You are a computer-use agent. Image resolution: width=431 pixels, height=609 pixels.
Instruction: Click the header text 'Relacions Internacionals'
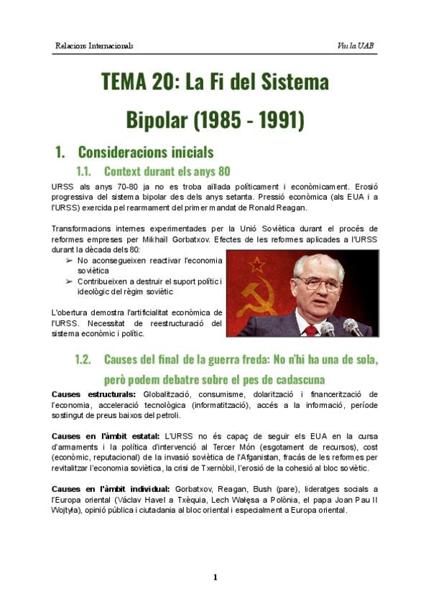pyautogui.click(x=94, y=46)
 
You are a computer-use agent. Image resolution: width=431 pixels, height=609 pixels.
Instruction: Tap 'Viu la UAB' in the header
pyautogui.click(x=356, y=46)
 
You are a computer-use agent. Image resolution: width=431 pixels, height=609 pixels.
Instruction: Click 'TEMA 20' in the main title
pyautogui.click(x=137, y=82)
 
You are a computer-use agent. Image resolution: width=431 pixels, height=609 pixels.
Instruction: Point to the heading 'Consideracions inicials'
pyautogui.click(x=145, y=152)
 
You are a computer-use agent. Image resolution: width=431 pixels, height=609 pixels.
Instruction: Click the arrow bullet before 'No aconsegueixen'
pyautogui.click(x=69, y=260)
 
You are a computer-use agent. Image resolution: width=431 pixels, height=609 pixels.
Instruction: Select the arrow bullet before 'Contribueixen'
pyautogui.click(x=69, y=282)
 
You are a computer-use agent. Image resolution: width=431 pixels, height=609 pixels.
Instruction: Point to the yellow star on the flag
pyautogui.click(x=256, y=264)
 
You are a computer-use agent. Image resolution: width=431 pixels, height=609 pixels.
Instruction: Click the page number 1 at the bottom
pyautogui.click(x=215, y=577)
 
